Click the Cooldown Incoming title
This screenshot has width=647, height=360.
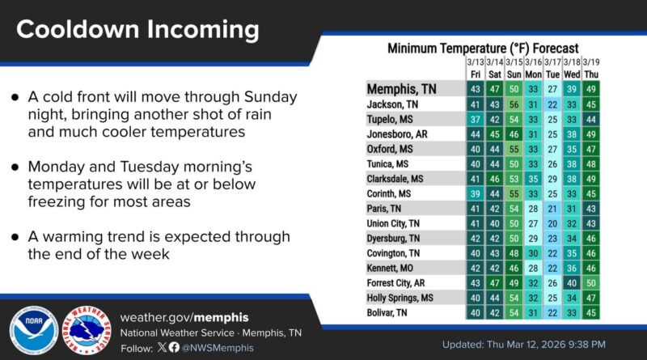pos(137,30)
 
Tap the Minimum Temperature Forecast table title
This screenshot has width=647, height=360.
pos(493,48)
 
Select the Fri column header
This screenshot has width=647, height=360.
pos(475,74)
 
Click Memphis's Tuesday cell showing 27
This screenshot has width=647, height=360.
pos(552,89)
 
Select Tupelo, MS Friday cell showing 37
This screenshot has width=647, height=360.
pos(475,119)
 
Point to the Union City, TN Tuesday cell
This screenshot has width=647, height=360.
pos(552,223)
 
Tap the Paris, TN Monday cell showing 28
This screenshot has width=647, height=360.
pos(533,209)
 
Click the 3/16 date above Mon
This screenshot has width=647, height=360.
pos(533,62)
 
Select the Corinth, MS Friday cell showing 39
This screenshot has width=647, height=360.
pos(475,193)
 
